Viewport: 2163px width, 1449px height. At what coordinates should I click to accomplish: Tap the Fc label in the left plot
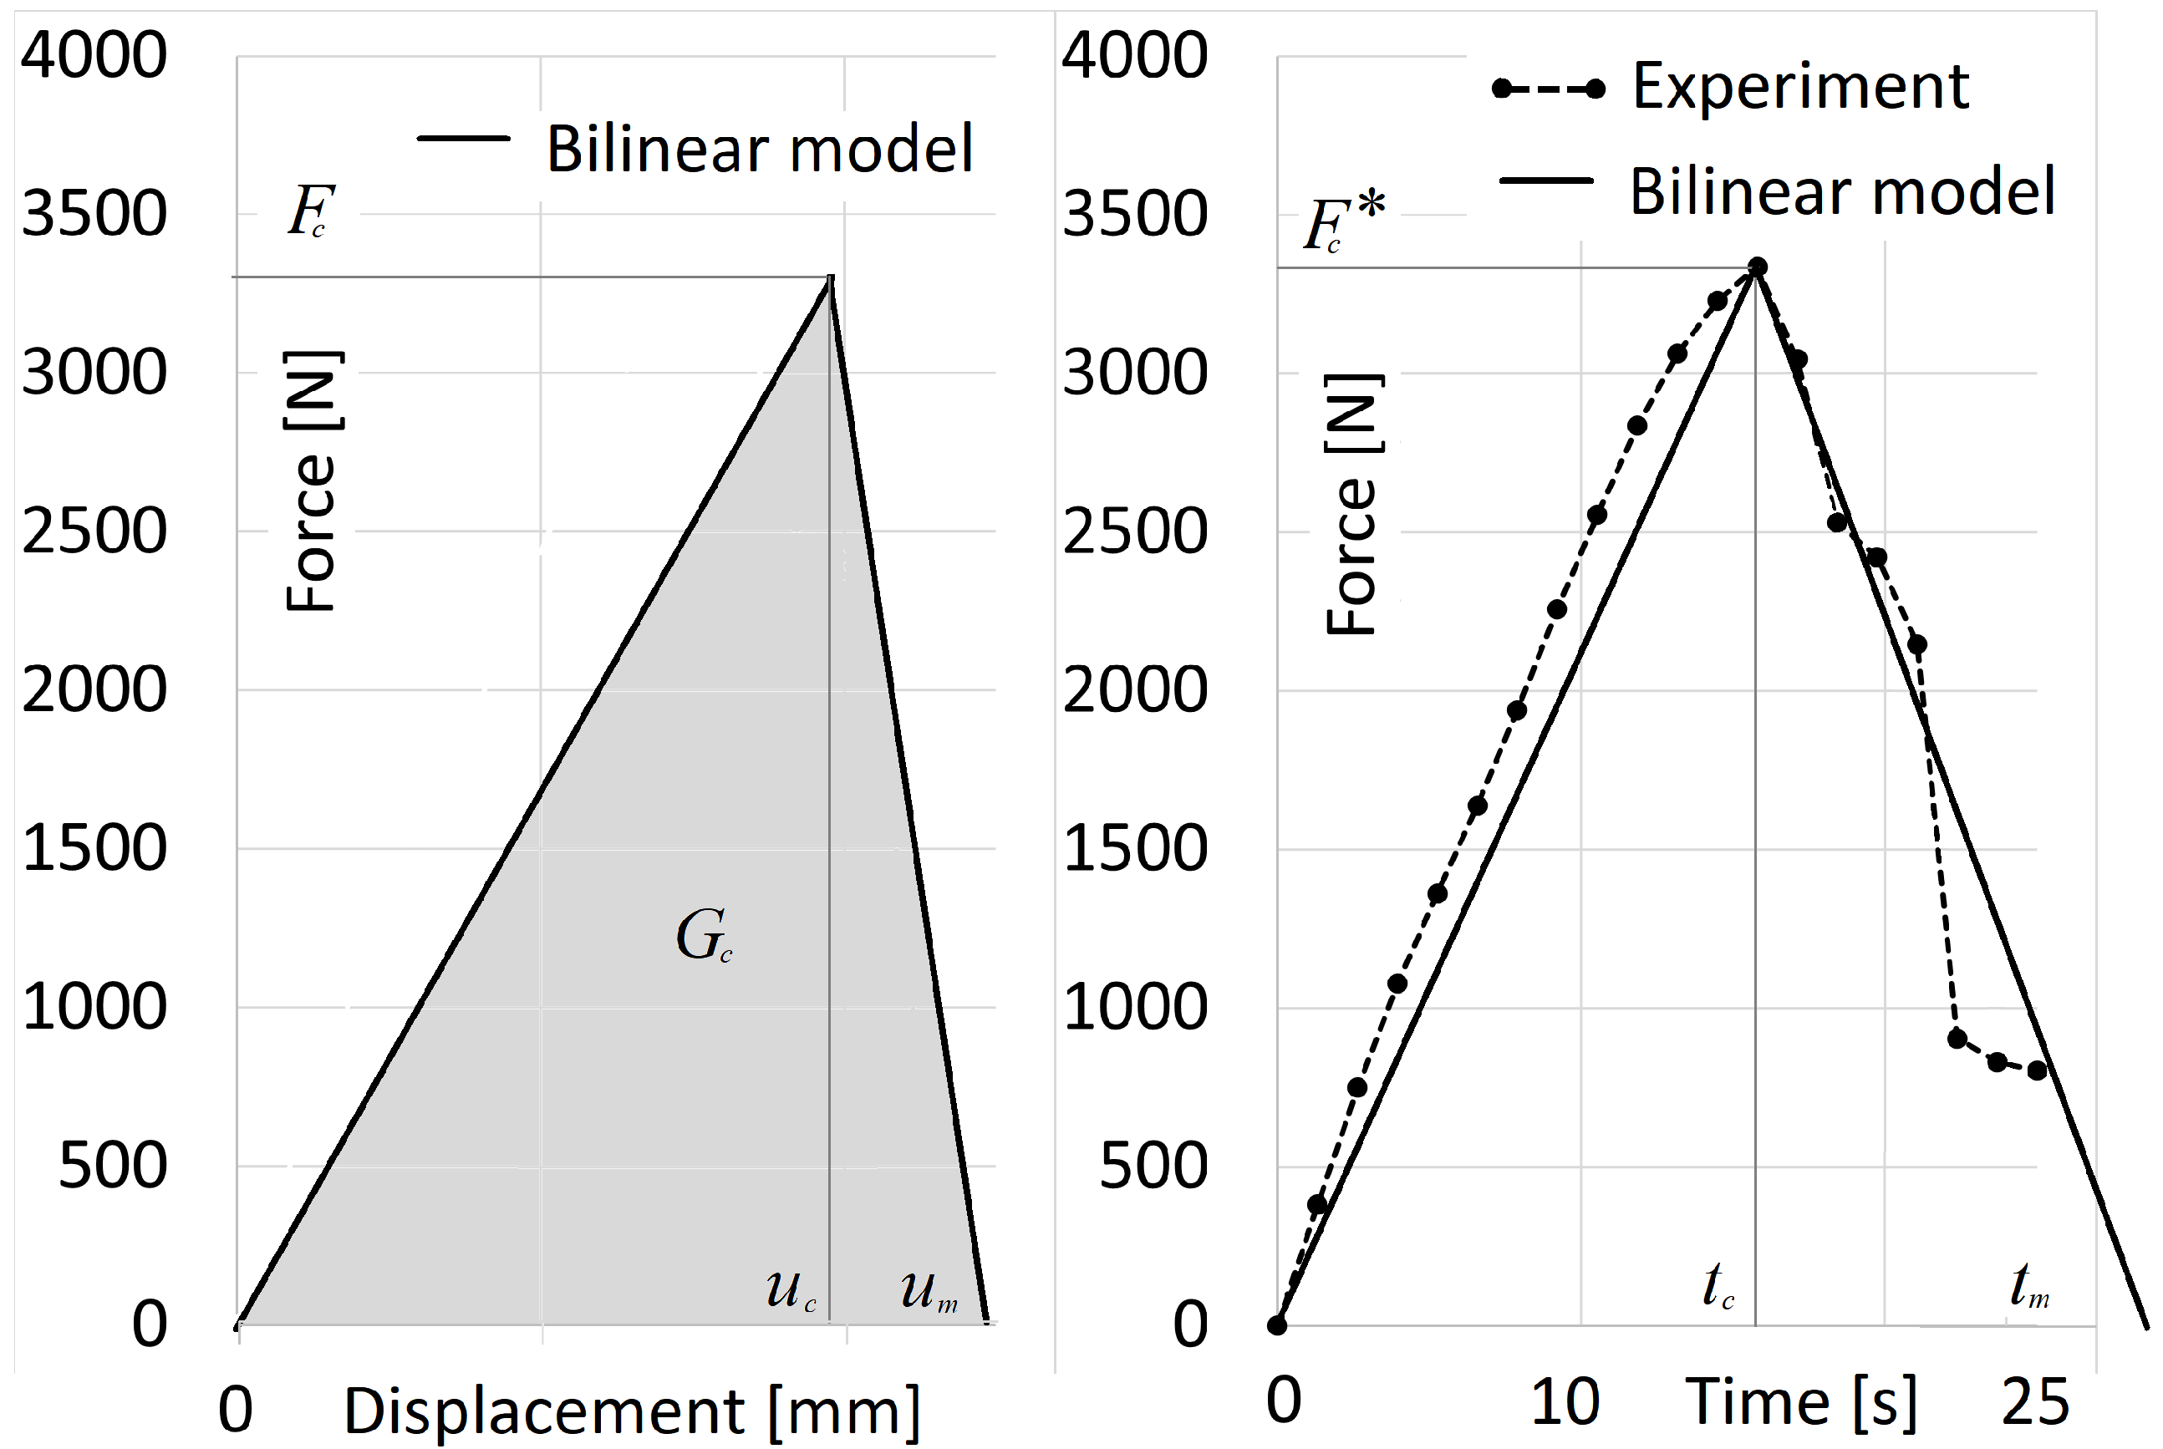click(x=310, y=211)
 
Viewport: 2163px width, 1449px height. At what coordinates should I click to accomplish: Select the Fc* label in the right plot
click(x=1343, y=221)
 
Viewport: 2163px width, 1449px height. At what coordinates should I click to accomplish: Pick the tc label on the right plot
click(x=1719, y=1284)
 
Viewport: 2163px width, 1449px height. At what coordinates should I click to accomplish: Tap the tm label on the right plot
click(x=2030, y=1284)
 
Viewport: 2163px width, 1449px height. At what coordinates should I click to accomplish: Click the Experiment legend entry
click(x=1799, y=87)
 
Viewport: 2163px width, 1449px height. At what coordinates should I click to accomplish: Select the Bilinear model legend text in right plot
click(x=1841, y=192)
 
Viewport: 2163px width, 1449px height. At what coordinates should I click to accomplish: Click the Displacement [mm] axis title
click(x=632, y=1411)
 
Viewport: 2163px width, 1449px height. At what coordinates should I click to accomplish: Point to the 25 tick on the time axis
click(x=2034, y=1403)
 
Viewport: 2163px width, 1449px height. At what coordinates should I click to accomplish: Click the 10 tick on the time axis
click(x=1565, y=1402)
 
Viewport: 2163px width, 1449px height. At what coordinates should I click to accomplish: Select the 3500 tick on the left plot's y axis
click(x=94, y=213)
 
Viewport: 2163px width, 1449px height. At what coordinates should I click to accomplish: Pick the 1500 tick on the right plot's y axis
click(x=1135, y=848)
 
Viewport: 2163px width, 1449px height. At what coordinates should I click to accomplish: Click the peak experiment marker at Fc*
click(x=1757, y=267)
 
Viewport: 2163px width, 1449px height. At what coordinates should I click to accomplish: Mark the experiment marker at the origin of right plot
click(x=1277, y=1325)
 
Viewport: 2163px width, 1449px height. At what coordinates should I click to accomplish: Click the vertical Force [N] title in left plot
click(x=312, y=481)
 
